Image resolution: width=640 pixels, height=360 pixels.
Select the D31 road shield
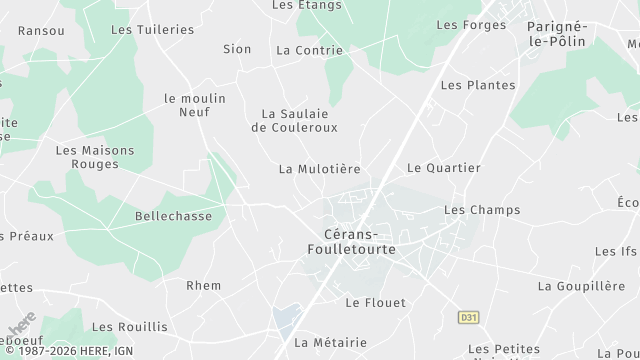pos(468,317)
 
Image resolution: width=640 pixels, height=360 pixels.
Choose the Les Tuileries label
pos(152,30)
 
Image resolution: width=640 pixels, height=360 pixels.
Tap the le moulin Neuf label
pos(194,106)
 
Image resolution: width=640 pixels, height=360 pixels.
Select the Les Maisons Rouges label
pos(95,157)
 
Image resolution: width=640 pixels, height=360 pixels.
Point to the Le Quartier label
pos(443,167)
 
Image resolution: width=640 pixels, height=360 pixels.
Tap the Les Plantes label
pos(478,85)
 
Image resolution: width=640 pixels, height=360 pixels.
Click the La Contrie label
pos(309,49)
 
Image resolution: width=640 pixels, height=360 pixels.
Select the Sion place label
pos(237,48)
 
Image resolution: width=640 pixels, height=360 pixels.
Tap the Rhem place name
pos(203,285)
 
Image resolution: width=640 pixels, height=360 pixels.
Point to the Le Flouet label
pos(375,302)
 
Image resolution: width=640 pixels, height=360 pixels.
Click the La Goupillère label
pos(581,285)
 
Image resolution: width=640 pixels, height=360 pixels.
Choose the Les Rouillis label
pos(130,326)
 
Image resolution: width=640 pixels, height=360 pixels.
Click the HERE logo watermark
pos(22,331)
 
